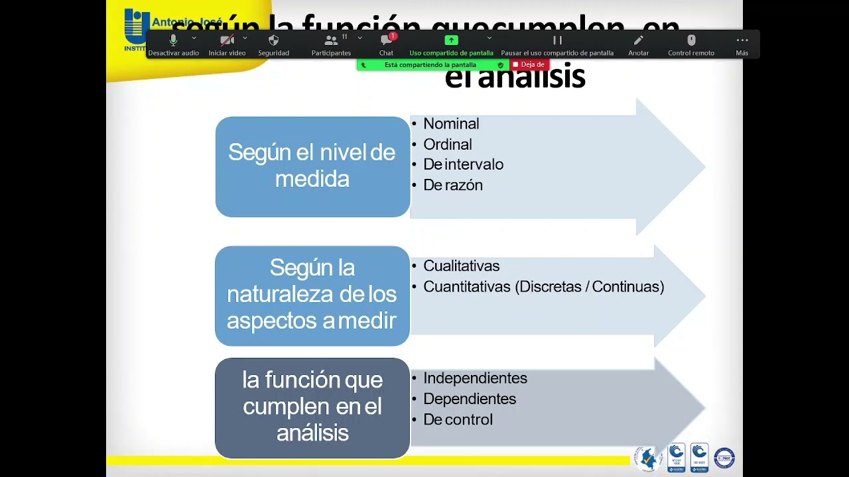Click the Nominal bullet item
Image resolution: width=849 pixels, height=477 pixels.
(451, 124)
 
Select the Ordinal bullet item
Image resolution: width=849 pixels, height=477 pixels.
(448, 144)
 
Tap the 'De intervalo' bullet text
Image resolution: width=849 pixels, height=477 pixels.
(463, 164)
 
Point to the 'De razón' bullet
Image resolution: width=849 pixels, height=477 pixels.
(453, 185)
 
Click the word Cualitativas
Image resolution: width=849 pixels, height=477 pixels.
(462, 266)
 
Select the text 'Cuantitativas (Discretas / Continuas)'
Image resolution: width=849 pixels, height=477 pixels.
(543, 287)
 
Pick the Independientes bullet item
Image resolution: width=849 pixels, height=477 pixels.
(475, 378)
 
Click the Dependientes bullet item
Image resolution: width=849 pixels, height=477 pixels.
(470, 399)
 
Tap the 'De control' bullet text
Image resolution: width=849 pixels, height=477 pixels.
(458, 420)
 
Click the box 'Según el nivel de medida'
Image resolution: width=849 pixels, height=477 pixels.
(312, 166)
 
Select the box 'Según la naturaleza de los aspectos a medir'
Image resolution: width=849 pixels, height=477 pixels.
(312, 295)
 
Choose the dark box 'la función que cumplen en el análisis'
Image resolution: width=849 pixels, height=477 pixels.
(312, 407)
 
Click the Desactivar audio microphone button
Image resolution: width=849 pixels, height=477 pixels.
(173, 44)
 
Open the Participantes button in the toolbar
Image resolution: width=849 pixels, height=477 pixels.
(331, 44)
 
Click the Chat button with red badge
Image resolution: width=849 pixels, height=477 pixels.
(386, 44)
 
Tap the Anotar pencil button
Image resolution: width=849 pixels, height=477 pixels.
(638, 44)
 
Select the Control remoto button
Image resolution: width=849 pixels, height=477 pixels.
(691, 44)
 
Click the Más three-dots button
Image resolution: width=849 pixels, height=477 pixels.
(742, 44)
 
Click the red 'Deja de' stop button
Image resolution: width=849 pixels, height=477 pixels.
(529, 65)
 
